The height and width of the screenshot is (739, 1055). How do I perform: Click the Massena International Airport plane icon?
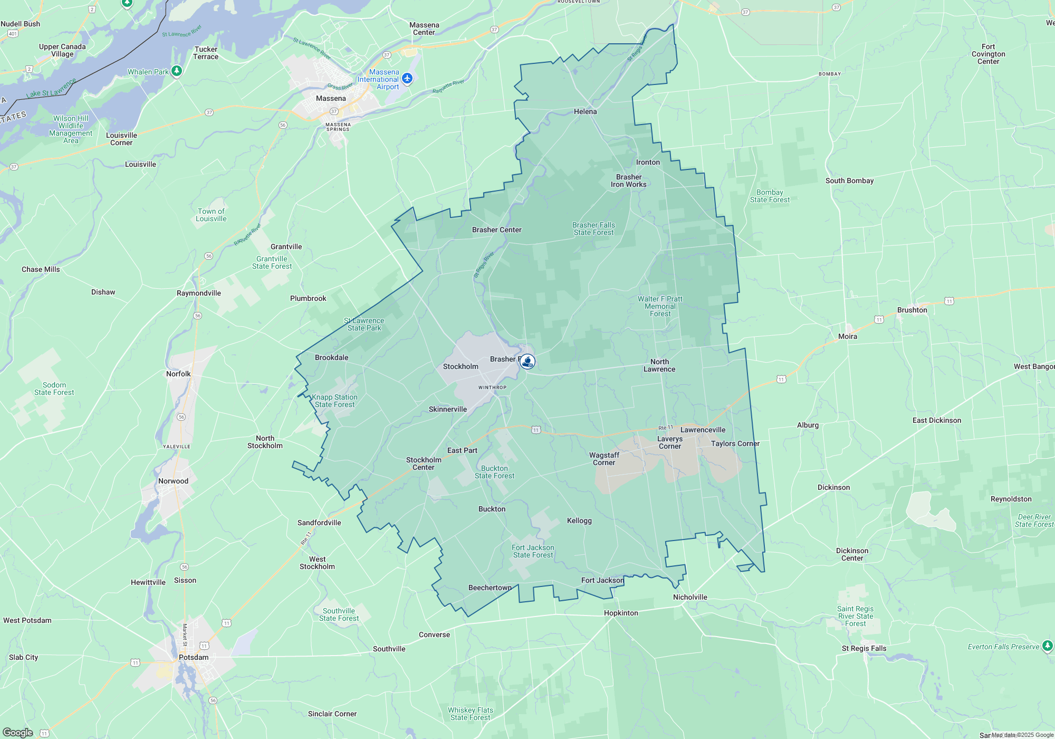[407, 79]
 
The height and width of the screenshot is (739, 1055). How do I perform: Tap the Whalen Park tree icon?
[177, 71]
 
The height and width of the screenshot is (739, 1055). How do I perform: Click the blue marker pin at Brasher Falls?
[527, 362]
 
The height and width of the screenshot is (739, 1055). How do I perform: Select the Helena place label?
[585, 111]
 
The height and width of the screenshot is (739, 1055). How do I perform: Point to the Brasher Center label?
[496, 230]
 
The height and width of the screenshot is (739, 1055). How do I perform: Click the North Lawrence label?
[659, 365]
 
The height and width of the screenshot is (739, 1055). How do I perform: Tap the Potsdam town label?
[194, 657]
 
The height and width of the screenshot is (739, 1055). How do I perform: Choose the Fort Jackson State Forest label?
[533, 551]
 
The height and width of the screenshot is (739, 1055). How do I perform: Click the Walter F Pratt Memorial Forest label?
[660, 306]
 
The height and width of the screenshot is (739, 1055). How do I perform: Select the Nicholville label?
[690, 597]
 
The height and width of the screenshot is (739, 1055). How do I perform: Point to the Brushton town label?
[912, 310]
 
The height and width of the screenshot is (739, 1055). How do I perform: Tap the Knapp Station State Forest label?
[334, 401]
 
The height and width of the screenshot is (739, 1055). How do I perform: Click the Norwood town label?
[173, 481]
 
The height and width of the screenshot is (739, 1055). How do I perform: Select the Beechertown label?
[490, 588]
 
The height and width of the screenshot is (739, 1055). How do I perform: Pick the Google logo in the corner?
[18, 732]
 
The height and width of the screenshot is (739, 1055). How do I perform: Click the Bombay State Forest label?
[770, 196]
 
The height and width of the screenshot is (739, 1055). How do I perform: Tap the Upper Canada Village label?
[62, 50]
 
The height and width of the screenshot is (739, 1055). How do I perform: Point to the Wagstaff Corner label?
[604, 459]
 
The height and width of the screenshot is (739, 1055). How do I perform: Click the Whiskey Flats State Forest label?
[470, 714]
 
